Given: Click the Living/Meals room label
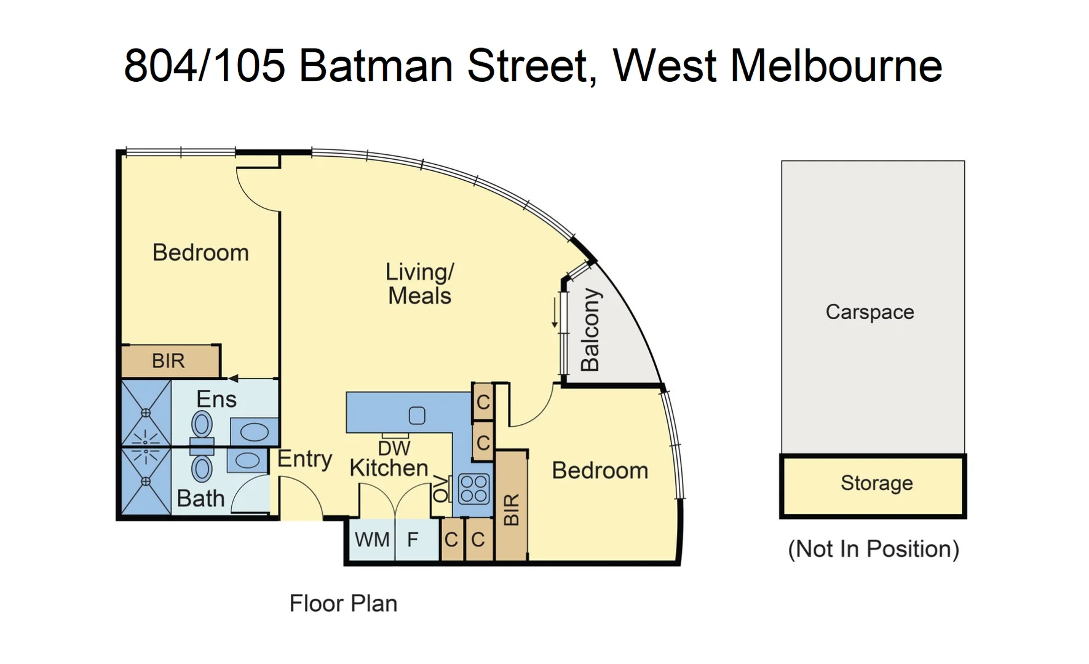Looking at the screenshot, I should click(419, 284).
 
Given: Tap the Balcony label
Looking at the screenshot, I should click(590, 330).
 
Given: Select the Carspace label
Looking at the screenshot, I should click(869, 312).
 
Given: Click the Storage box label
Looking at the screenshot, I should click(876, 483).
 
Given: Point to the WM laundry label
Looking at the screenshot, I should click(372, 540).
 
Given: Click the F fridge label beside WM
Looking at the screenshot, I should click(413, 540).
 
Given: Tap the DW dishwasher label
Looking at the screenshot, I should click(394, 448).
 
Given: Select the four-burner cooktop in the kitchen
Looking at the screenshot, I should click(473, 489).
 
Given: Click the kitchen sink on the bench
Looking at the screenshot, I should click(417, 416).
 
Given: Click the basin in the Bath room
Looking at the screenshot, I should click(247, 460).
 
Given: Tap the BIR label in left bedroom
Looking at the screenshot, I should click(168, 361).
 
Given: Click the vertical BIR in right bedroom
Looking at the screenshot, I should click(512, 509).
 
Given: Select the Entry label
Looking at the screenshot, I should click(304, 459).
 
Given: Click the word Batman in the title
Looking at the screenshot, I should click(376, 66).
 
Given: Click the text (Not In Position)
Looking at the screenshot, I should click(873, 549).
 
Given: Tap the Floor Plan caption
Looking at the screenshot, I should click(343, 604).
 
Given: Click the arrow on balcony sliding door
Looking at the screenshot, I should click(555, 313).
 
